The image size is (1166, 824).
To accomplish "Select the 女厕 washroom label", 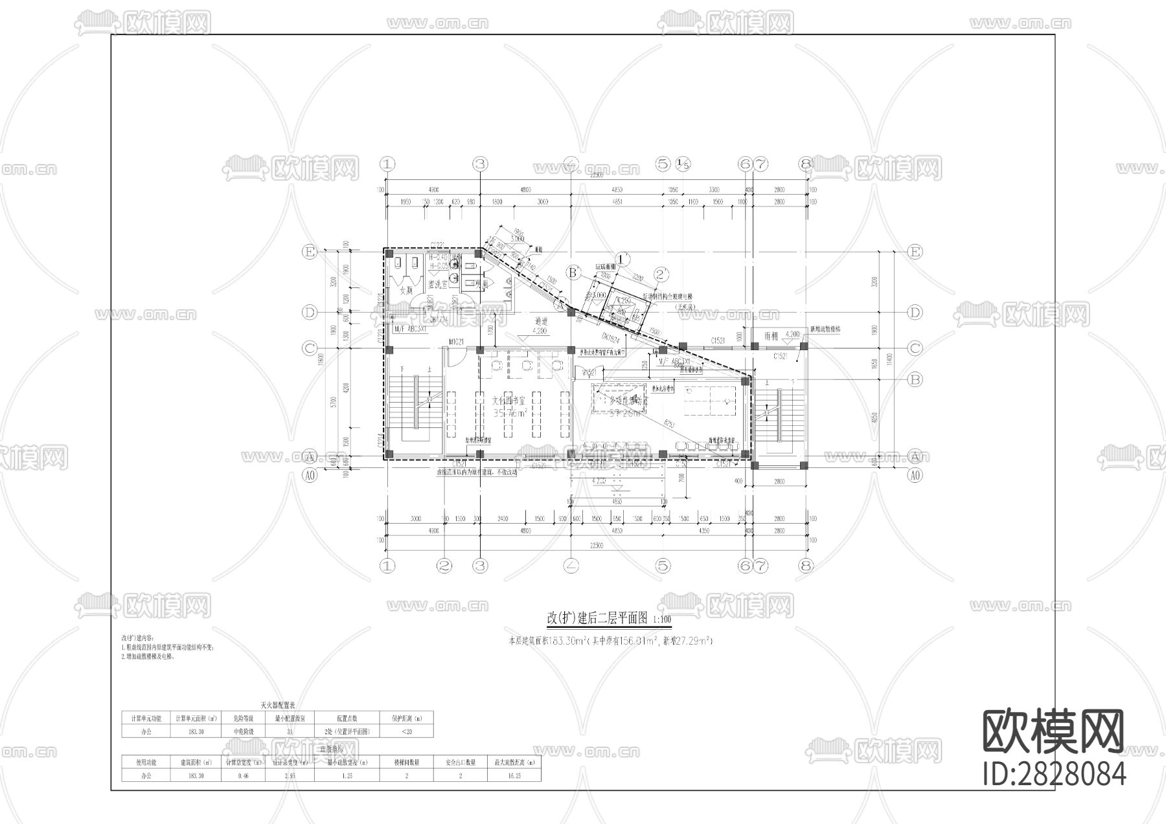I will coord(406,291).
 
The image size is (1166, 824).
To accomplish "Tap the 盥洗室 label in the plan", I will coord(439,284).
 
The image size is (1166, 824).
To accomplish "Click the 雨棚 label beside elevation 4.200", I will coord(770,336).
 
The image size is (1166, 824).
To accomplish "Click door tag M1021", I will coord(459,341).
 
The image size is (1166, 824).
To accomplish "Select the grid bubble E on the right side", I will coord(915,252).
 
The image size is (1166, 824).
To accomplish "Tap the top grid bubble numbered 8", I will coord(805,164).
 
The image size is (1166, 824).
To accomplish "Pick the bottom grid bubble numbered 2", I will coord(444,566).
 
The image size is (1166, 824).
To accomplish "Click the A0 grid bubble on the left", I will coord(310,476).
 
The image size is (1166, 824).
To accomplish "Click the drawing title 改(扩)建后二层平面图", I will coord(598,619).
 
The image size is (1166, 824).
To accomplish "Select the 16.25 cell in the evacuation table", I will coord(514,775).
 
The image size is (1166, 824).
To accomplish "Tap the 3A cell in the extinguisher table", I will coord(291,732).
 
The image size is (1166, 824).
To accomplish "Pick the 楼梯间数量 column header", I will coord(407,763).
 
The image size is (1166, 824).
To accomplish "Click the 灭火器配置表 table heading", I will coord(277,705).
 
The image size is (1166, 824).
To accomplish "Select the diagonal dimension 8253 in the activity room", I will coord(669,424).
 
